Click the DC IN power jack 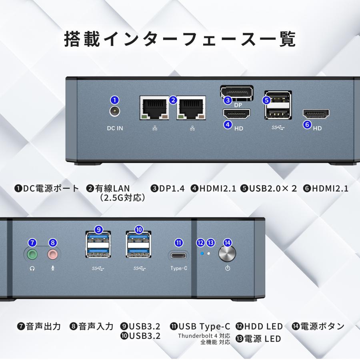[115, 112]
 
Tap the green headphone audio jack [32, 254]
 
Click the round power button [227, 253]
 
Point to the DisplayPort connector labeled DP [237, 92]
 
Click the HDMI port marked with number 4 [236, 115]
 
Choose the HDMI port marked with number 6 [316, 114]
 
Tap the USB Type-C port [179, 255]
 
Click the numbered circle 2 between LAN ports [173, 100]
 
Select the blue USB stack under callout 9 [98, 245]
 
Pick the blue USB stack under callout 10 [138, 245]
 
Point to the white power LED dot [208, 254]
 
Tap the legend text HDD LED [264, 326]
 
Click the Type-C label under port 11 [179, 268]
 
